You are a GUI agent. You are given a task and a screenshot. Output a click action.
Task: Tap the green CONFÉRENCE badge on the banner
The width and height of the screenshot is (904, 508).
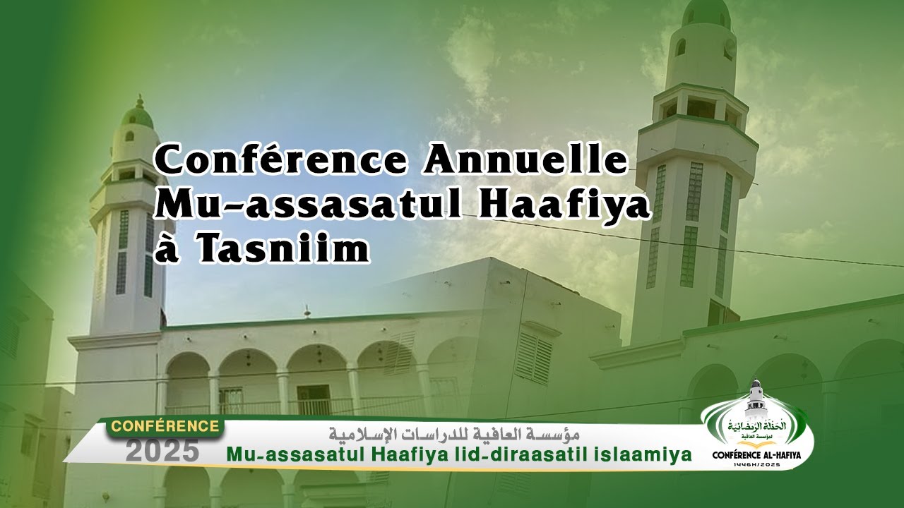tap(165, 427)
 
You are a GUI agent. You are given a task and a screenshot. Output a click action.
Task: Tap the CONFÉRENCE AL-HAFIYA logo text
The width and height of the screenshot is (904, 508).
tap(757, 456)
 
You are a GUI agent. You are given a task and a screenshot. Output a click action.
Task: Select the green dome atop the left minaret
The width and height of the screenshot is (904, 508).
tap(137, 113)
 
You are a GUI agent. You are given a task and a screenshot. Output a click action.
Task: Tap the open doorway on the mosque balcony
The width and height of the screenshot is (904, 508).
tap(314, 399)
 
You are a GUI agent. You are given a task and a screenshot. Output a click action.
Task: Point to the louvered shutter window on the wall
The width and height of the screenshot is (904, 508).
tap(534, 357)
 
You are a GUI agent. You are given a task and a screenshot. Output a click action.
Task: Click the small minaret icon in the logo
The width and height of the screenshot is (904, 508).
tap(756, 397)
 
